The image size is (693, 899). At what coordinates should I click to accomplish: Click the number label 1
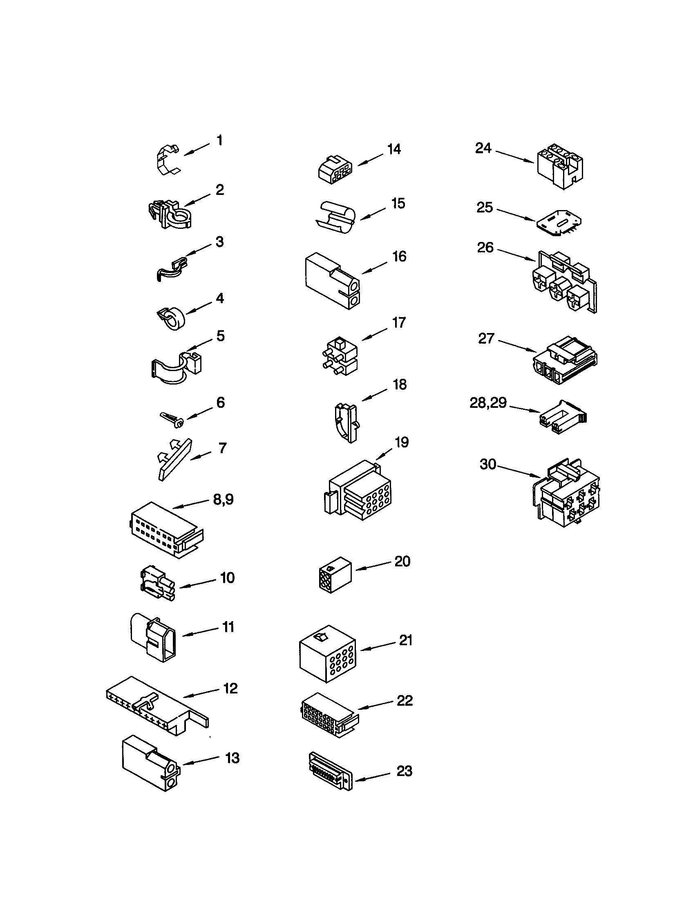220,141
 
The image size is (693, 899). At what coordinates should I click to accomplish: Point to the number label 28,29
488,403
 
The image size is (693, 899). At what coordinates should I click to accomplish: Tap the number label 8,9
224,499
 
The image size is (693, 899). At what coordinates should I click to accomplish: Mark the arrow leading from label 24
514,157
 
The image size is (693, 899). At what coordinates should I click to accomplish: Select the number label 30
488,464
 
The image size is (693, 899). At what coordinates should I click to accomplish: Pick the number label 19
402,442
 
